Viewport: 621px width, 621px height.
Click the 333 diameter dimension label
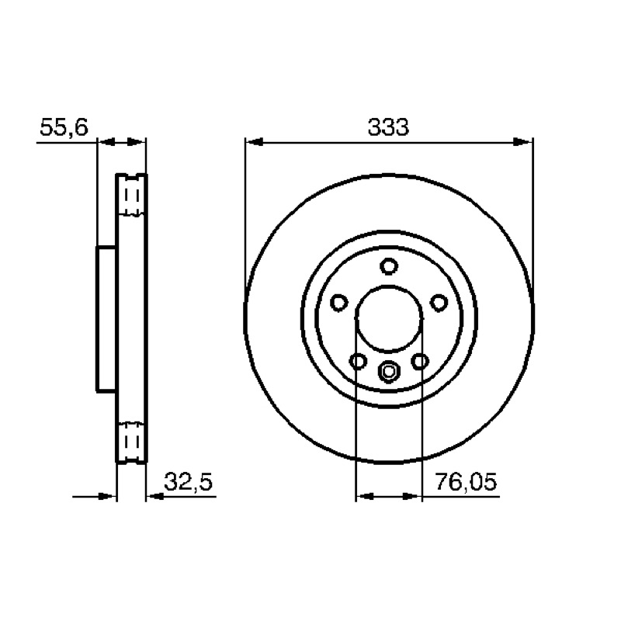388,127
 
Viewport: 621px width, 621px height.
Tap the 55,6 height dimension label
64,127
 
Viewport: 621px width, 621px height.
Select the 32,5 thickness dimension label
188,482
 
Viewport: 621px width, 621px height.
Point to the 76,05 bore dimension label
465,482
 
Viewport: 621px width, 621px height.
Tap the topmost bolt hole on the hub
389,266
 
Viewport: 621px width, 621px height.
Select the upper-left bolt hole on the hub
339,303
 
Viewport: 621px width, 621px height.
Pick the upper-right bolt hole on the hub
439,303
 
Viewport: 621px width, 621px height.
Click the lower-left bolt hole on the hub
358,361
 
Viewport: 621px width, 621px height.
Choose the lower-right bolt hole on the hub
420,361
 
